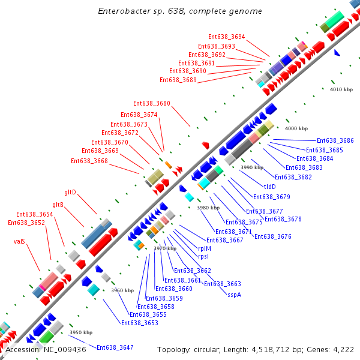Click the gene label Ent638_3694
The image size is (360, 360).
[226, 37]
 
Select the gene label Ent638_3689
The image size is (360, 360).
[178, 80]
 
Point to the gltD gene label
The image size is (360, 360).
[70, 193]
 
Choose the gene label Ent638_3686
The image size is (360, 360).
[335, 140]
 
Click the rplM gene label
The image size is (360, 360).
[204, 248]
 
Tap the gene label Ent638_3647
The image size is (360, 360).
[115, 347]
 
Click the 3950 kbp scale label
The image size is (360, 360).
[81, 332]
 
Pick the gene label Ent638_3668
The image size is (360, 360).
[89, 161]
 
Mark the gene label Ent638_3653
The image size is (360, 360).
[140, 323]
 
